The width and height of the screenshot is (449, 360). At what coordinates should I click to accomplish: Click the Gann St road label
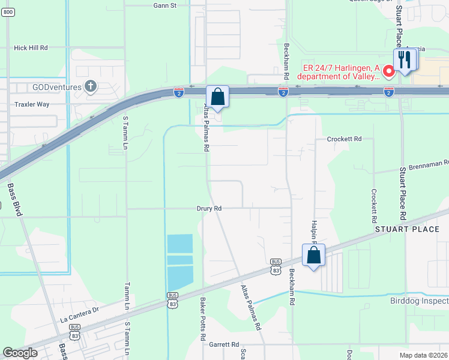click(164, 5)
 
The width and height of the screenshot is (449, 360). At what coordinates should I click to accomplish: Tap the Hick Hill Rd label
click(31, 47)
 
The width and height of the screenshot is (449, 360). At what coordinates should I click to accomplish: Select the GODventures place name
click(58, 86)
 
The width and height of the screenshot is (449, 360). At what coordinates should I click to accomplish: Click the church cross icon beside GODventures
click(91, 86)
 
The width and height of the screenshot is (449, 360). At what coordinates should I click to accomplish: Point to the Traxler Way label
click(31, 104)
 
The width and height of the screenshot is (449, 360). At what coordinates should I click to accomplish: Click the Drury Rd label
click(209, 208)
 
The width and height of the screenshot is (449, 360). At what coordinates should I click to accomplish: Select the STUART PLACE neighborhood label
click(407, 229)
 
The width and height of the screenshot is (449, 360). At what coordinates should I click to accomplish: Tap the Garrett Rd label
click(224, 344)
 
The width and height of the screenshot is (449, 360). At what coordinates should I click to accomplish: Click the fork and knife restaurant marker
click(404, 59)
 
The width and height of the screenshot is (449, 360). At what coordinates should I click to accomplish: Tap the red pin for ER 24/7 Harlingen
click(388, 73)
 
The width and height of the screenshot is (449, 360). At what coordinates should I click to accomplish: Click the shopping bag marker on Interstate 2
click(217, 97)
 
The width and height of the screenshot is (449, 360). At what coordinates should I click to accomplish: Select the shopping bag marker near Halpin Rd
click(313, 256)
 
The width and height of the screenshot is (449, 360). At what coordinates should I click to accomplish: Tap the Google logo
click(20, 353)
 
